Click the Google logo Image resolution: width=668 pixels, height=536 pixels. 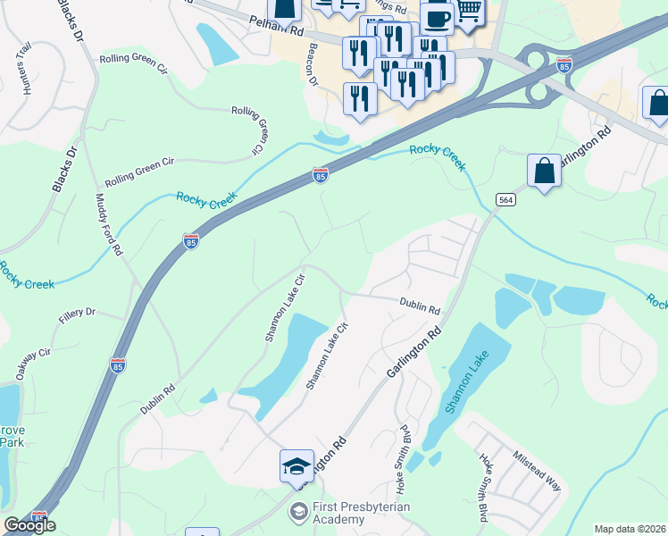[x=29, y=525]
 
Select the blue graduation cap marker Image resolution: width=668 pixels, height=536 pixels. [x=296, y=465]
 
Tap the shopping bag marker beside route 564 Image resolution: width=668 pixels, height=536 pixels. [x=544, y=170]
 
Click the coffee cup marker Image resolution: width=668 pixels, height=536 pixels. [x=437, y=18]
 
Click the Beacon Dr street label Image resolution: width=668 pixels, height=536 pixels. [x=313, y=65]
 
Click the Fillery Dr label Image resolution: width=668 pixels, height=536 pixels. [x=77, y=313]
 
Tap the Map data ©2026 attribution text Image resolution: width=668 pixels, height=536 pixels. [x=630, y=529]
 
